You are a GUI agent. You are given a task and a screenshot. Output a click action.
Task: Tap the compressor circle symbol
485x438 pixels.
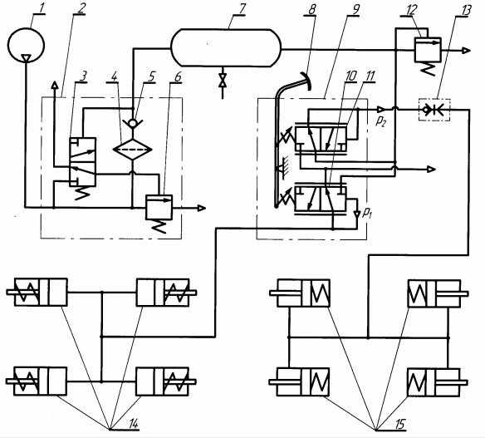(x=26, y=45)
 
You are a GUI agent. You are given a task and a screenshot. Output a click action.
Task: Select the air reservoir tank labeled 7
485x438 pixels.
(x=226, y=47)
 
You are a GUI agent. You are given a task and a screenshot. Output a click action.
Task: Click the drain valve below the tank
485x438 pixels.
(x=222, y=81)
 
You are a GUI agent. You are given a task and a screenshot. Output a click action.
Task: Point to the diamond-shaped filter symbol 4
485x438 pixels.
(x=132, y=149)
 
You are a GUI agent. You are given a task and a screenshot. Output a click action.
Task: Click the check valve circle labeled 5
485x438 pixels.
(x=132, y=123)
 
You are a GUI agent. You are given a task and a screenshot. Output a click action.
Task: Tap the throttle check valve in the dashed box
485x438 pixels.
(x=434, y=109)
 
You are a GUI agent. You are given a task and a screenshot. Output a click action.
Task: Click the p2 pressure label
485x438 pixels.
(x=380, y=121)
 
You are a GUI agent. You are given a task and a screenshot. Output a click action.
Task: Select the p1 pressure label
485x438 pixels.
(x=366, y=212)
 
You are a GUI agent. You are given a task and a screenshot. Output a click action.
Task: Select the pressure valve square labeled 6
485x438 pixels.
(x=159, y=207)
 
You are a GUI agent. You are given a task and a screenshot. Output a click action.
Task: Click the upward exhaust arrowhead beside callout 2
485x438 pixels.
(x=55, y=85)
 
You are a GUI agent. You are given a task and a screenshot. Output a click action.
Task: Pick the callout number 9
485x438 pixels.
(x=355, y=9)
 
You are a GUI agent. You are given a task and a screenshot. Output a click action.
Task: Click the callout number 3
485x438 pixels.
(x=83, y=76)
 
